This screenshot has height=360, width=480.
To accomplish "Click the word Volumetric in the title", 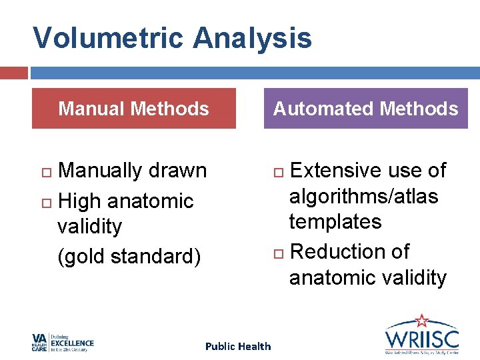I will tap(109, 39).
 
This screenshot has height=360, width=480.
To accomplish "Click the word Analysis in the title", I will tap(253, 39).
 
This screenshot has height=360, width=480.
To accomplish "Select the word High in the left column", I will tap(79, 201).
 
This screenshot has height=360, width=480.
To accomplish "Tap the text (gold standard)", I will tap(129, 256).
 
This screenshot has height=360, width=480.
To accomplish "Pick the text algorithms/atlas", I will tap(363, 196).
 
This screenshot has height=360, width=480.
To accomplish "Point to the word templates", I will tap(335, 221).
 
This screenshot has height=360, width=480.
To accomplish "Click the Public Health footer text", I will tap(238, 346).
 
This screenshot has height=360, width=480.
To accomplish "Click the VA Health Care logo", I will tap(63, 342).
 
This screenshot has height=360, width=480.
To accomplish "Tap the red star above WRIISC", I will tap(421, 321).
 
